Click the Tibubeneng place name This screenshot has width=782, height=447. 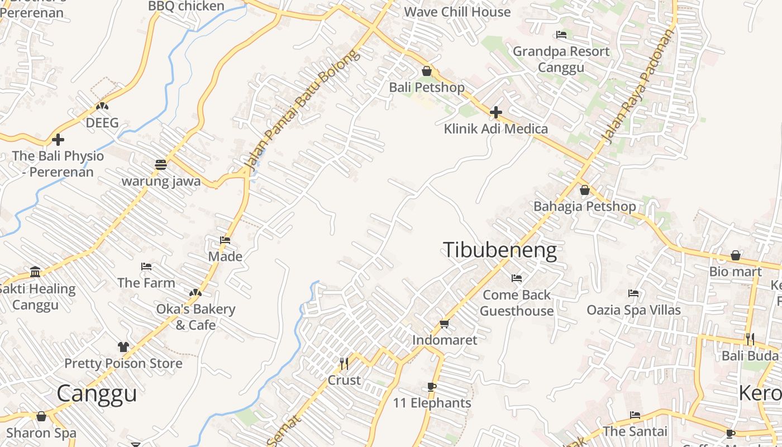(500, 250)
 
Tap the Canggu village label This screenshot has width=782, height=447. (97, 393)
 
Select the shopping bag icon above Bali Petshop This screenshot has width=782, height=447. (427, 71)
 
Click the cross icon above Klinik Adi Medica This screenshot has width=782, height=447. (495, 112)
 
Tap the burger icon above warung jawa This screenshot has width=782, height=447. (161, 164)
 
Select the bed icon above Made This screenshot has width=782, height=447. (225, 240)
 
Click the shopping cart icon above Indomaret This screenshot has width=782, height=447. (445, 324)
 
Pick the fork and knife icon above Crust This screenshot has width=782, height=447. (344, 364)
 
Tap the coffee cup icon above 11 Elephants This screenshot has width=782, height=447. (431, 387)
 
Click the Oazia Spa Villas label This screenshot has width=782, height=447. (633, 310)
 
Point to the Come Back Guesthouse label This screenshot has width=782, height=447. (517, 303)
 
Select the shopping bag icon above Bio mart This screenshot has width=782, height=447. (736, 255)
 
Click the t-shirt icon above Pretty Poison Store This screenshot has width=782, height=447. (123, 347)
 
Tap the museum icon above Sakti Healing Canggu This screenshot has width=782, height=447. (36, 272)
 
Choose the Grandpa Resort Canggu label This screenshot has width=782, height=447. (561, 59)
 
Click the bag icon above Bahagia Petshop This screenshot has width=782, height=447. (585, 190)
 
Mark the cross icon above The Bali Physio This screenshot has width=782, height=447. (58, 139)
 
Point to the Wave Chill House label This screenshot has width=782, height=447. (457, 12)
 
